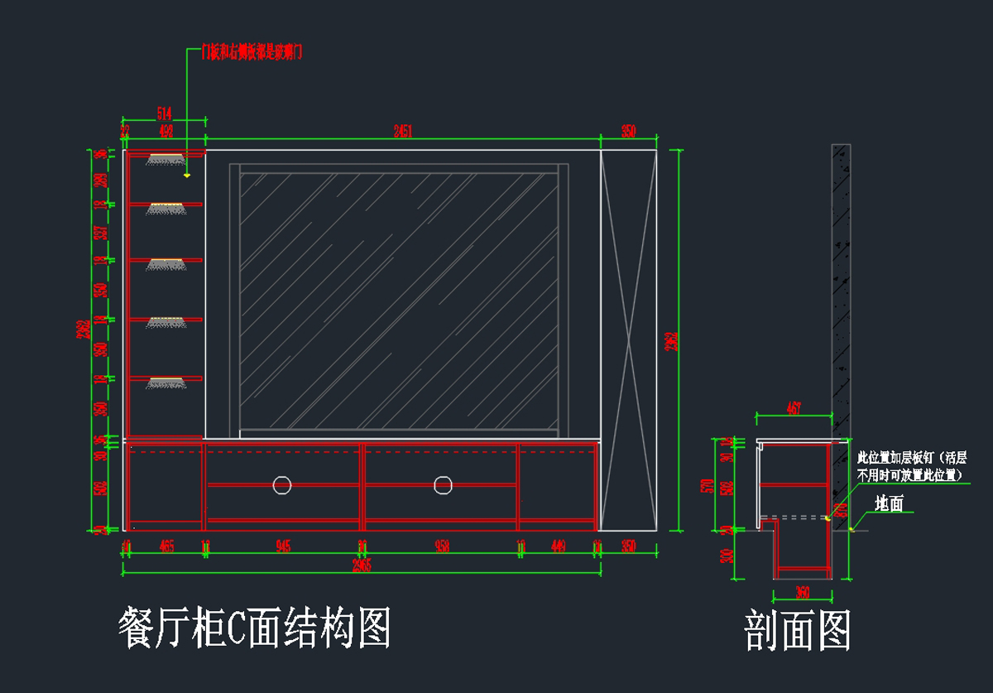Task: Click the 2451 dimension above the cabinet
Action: point(403,130)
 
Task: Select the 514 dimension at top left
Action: point(164,113)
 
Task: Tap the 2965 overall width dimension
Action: point(361,565)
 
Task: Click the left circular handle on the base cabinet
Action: point(282,484)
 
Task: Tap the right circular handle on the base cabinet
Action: point(443,484)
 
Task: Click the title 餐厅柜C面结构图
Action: point(255,628)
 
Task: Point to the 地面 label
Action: point(890,503)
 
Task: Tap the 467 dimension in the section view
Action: point(794,408)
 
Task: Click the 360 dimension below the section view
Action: point(801,592)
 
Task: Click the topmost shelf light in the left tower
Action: point(165,158)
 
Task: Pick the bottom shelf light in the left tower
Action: point(165,382)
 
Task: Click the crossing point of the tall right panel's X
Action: point(629,340)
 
